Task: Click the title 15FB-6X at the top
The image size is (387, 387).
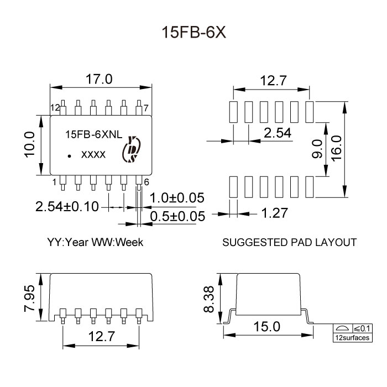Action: coord(193,32)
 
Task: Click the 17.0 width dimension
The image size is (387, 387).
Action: coord(99,80)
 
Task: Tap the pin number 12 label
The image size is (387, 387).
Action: coord(55,107)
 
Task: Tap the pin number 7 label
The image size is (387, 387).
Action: coord(145,107)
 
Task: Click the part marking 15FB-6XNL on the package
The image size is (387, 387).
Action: coord(91,134)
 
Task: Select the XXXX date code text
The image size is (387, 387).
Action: coord(93,156)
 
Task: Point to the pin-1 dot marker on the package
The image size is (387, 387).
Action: coord(70,156)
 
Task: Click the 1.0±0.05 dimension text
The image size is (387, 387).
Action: coord(177,198)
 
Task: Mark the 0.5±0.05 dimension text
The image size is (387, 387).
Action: coord(178,216)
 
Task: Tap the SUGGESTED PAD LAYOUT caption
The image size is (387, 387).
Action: coord(289,242)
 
